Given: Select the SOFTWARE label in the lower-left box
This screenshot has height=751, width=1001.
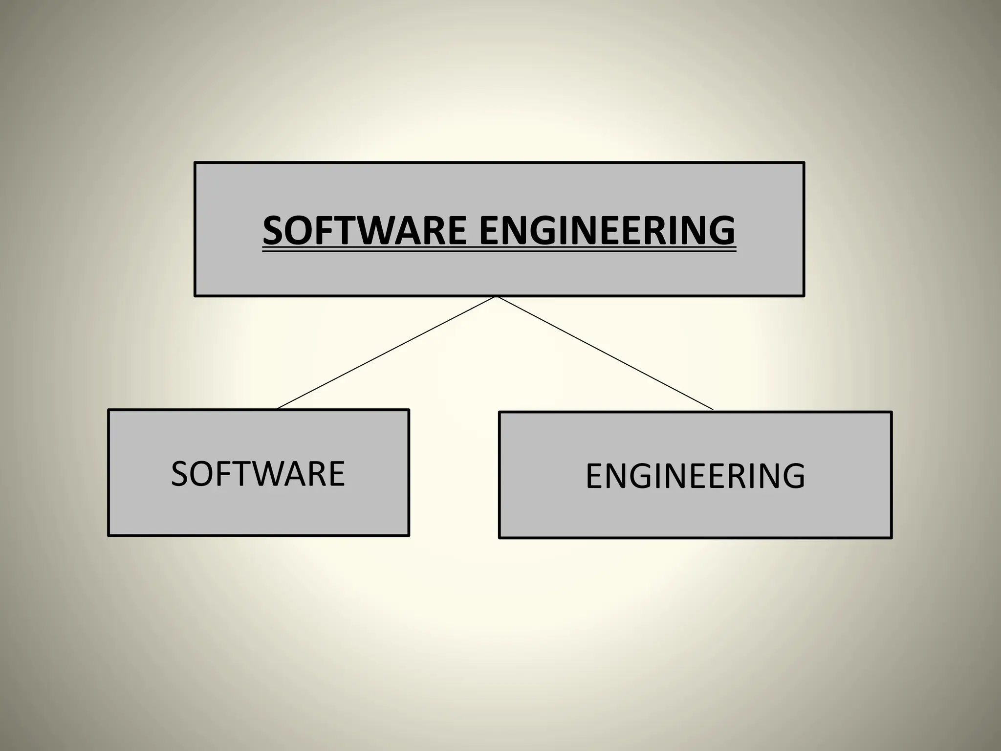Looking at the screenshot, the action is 258,474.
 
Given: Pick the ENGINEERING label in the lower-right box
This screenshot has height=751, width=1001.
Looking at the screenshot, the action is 695,476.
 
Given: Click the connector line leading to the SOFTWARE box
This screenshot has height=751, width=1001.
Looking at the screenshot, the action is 386,353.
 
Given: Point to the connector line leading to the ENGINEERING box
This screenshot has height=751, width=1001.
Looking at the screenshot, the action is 605,353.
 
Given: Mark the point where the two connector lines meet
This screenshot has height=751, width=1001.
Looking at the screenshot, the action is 496,297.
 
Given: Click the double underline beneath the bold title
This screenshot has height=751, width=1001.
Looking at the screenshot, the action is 499,251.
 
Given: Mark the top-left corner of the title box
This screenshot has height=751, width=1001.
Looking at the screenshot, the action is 195,163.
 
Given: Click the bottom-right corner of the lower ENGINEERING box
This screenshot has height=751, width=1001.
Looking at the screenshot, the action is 892,538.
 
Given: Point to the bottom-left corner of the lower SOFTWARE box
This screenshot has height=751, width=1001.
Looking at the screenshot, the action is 109,536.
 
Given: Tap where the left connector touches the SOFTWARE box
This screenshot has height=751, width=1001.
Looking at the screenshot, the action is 277,409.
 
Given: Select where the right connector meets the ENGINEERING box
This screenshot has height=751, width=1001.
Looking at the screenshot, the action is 713,410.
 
